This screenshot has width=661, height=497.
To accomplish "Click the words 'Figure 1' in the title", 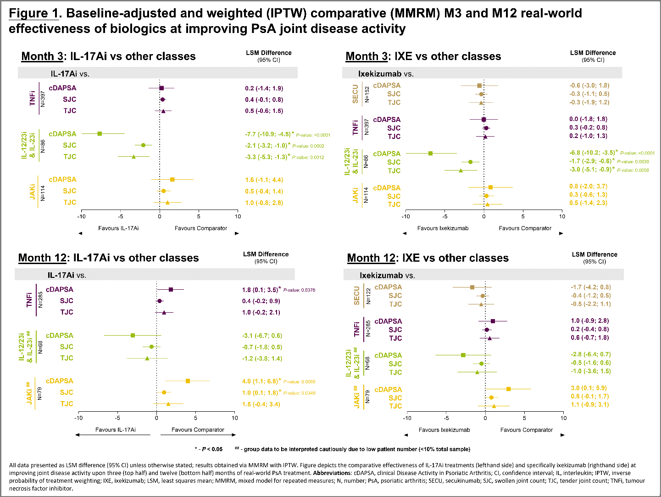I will (33, 13).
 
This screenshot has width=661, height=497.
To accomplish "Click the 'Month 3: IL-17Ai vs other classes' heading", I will (108, 56).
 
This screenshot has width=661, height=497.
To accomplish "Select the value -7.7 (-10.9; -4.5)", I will (268, 134).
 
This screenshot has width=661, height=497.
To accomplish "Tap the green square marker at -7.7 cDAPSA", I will (100, 134).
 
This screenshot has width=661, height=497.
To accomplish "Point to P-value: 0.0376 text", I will (299, 290).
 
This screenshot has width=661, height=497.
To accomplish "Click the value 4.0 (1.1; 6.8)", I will (260, 381).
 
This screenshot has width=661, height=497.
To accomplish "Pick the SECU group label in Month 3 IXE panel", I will (355, 94).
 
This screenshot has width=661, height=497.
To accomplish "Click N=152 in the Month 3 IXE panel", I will (367, 94).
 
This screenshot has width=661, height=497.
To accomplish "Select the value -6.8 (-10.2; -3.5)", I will (592, 153).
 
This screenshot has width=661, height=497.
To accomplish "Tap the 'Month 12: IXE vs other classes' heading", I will (428, 258).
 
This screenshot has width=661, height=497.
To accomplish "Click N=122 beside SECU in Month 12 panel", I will (368, 296).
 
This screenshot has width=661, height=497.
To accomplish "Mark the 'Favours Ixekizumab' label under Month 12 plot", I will (444, 430).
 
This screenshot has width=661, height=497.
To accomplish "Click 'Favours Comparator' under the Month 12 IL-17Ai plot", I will (198, 430).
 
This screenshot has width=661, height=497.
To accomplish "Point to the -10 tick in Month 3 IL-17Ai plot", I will (81, 216).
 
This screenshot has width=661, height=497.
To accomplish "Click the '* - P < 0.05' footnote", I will (208, 449).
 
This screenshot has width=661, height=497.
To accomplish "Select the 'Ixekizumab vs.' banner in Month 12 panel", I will (387, 276).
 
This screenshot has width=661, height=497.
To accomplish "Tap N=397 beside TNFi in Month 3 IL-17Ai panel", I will (43, 99).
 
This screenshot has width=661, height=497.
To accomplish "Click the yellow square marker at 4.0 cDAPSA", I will (188, 381).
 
